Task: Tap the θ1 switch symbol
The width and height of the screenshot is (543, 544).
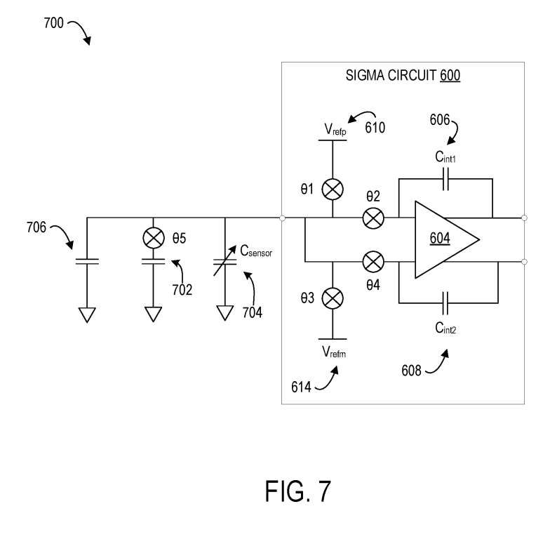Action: [332, 189]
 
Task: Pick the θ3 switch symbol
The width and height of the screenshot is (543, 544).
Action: [332, 299]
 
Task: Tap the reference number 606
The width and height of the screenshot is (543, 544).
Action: [441, 119]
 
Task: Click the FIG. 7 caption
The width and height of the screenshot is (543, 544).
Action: [297, 491]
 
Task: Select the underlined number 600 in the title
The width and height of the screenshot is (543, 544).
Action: [450, 77]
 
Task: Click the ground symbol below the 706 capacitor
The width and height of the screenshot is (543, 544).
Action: [87, 314]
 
